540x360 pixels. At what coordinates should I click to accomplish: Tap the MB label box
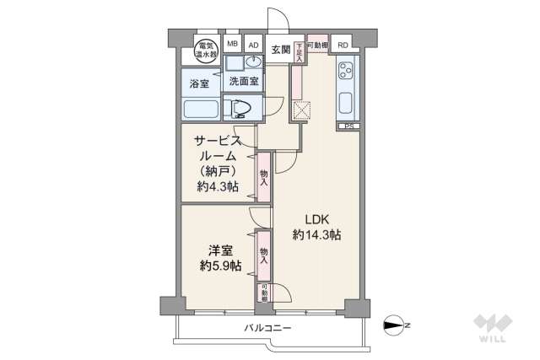[x=232, y=46]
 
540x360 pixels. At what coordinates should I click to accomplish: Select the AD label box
[x=253, y=46]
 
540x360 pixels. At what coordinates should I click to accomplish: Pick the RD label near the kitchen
[x=342, y=46]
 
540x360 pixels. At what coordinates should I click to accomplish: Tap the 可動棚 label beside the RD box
[x=316, y=45]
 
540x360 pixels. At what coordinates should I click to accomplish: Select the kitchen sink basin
[x=347, y=105]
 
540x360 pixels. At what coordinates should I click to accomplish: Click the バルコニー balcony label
[x=267, y=326]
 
